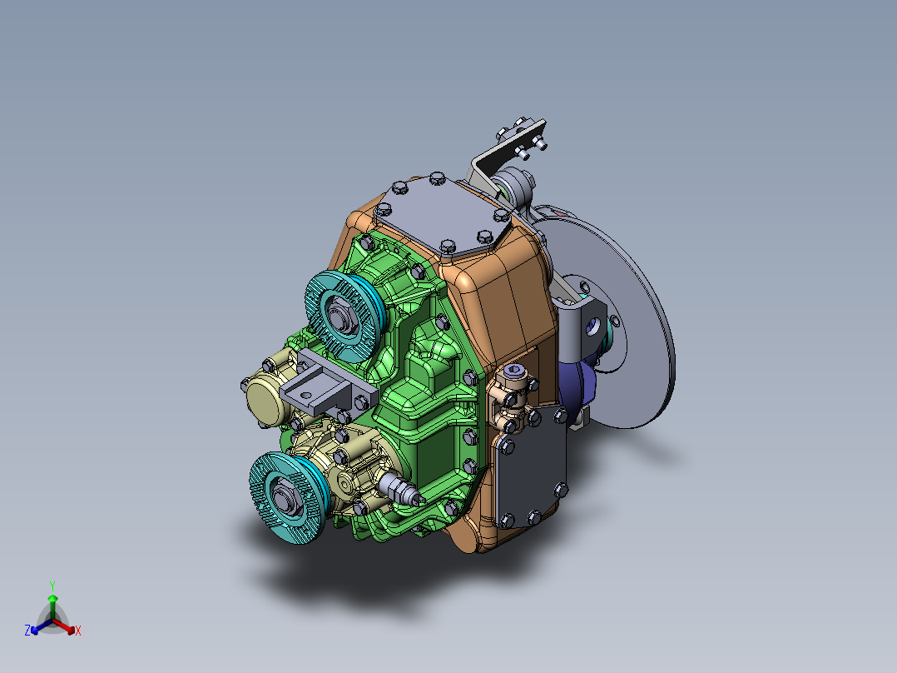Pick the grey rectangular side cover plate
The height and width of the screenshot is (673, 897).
pyautogui.click(x=533, y=466)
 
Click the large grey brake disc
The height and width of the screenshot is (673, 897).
pyautogui.click(x=641, y=333)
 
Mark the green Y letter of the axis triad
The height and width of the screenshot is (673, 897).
pyautogui.click(x=52, y=586)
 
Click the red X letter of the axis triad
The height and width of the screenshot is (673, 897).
pyautogui.click(x=78, y=631)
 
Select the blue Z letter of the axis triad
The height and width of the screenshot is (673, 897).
pyautogui.click(x=27, y=631)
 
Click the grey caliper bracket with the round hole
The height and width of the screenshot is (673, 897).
pyautogui.click(x=587, y=321)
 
